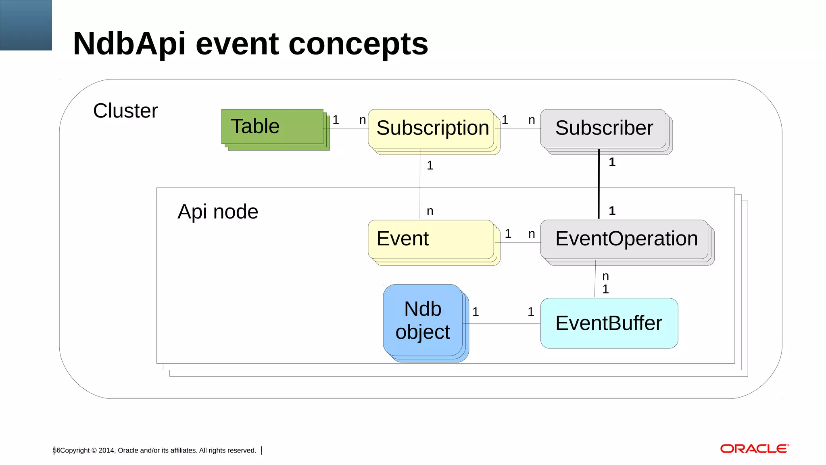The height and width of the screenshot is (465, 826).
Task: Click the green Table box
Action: click(x=272, y=126)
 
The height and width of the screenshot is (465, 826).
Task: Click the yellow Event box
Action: click(x=430, y=239)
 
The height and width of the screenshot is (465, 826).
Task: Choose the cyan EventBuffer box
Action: click(x=609, y=323)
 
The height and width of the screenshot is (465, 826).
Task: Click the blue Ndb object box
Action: click(x=423, y=320)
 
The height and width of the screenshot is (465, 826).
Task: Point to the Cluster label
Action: click(x=125, y=111)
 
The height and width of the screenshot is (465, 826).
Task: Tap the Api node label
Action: click(x=218, y=212)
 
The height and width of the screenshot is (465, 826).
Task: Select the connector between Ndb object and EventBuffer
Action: click(x=502, y=323)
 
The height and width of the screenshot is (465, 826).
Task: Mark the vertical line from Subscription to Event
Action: click(x=420, y=186)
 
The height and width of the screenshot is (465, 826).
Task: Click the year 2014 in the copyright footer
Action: click(x=106, y=450)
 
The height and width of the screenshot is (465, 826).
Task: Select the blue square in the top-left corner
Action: click(x=26, y=25)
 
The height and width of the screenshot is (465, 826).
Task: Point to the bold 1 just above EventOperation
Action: click(x=612, y=211)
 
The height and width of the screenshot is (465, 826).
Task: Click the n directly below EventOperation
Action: click(x=605, y=276)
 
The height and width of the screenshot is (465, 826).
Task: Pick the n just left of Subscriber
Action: click(x=532, y=120)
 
